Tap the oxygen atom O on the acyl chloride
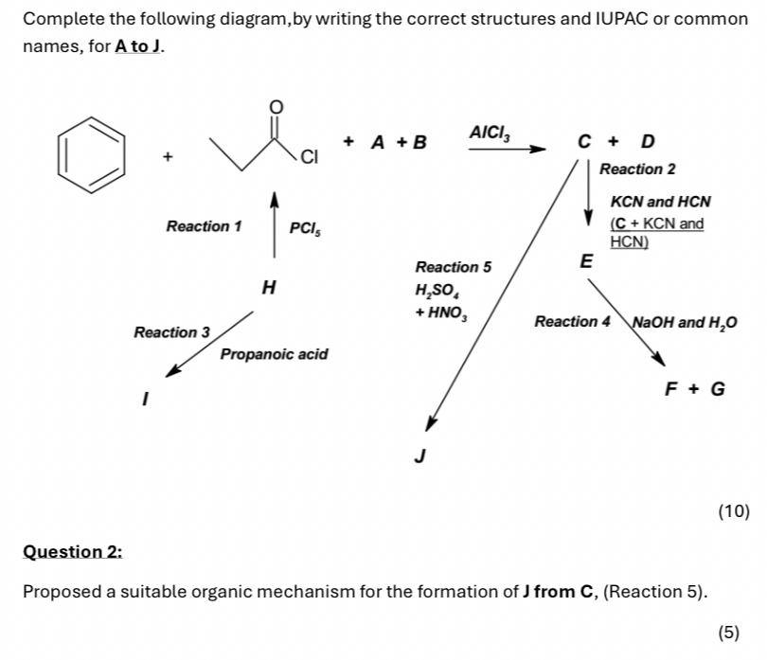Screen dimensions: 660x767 276,106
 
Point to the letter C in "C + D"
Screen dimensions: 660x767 584,142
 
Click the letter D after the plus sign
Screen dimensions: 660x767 647,142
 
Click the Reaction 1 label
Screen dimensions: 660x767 204,226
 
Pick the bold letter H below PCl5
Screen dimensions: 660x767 269,286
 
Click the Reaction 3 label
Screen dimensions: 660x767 171,332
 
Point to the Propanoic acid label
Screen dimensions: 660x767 274,354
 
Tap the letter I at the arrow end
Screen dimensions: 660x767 145,401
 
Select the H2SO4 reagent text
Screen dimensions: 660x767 435,292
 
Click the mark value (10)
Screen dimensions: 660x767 734,512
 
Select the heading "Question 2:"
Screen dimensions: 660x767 73,551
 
